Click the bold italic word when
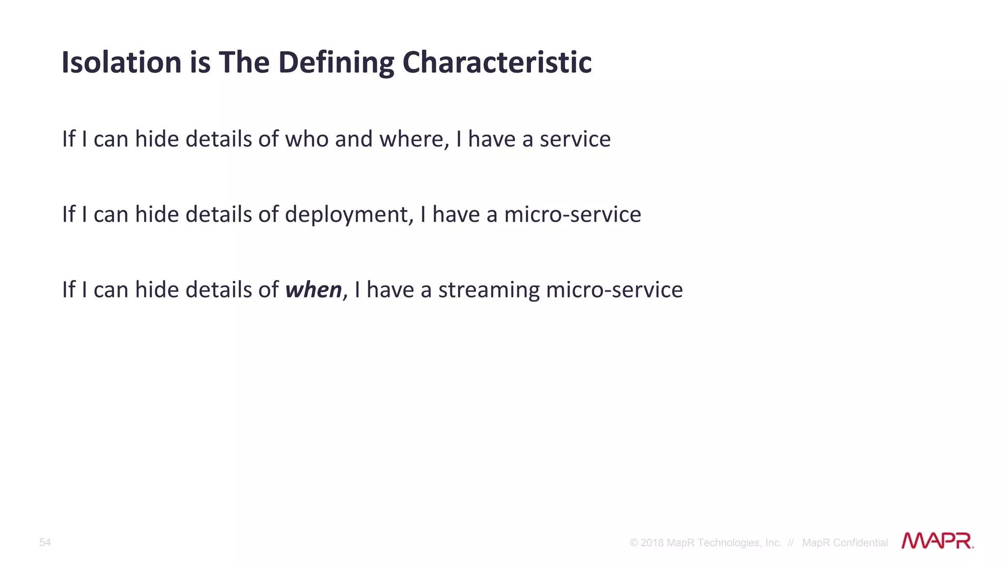click(x=313, y=289)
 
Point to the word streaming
click(x=489, y=290)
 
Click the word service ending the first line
click(x=575, y=139)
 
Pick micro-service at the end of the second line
click(x=572, y=215)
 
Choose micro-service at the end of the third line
click(x=614, y=290)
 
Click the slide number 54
click(x=45, y=542)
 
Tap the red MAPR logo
click(x=937, y=541)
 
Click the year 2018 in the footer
click(x=652, y=543)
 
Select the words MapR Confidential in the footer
click(x=845, y=543)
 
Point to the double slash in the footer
click(x=790, y=543)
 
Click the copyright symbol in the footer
click(x=634, y=543)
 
